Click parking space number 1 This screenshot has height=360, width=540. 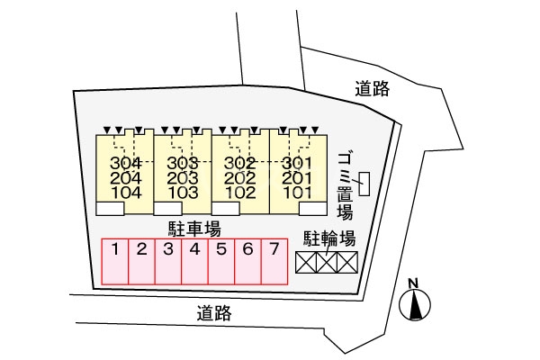115,248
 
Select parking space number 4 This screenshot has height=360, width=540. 194,248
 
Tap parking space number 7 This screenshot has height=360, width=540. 274,248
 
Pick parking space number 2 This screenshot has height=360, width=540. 141,248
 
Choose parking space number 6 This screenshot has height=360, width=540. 247,248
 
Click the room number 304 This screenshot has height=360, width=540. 125,163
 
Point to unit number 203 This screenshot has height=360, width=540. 182,177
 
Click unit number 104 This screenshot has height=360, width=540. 125,192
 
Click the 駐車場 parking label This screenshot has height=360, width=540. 194,228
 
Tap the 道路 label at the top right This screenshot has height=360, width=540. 371,88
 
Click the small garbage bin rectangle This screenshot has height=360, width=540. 364,185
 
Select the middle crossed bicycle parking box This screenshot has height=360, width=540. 327,262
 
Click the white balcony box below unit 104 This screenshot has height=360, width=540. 110,209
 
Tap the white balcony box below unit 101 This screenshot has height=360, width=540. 311,208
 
